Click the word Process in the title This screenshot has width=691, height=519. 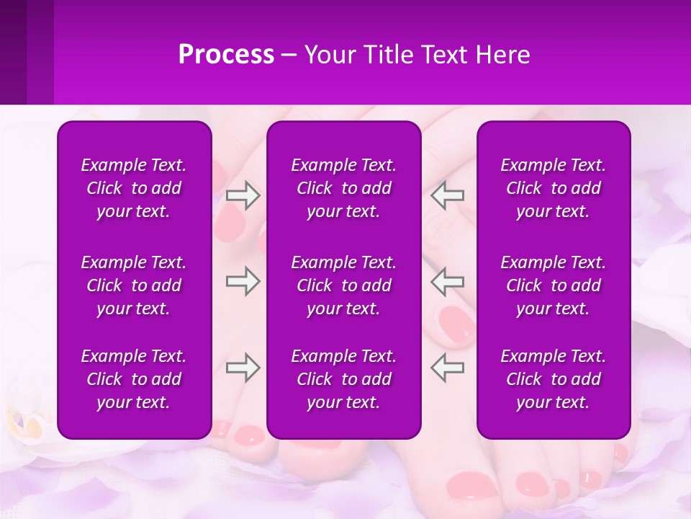(226, 55)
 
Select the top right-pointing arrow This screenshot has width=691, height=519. (243, 195)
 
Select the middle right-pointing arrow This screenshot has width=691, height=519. (243, 281)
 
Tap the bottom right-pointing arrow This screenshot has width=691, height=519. (243, 368)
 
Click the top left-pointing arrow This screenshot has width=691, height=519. (447, 195)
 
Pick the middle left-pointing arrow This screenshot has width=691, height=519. (447, 281)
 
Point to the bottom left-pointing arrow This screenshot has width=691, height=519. (447, 368)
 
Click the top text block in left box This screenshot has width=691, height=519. (134, 188)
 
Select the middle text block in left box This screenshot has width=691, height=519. (134, 285)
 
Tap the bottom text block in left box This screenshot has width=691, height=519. (134, 379)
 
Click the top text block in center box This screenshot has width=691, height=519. (343, 188)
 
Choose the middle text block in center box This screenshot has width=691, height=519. (343, 285)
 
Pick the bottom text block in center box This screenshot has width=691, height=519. (343, 379)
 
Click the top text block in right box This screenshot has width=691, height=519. (553, 188)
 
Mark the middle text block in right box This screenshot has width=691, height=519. (553, 285)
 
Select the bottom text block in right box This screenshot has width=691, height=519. (553, 379)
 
